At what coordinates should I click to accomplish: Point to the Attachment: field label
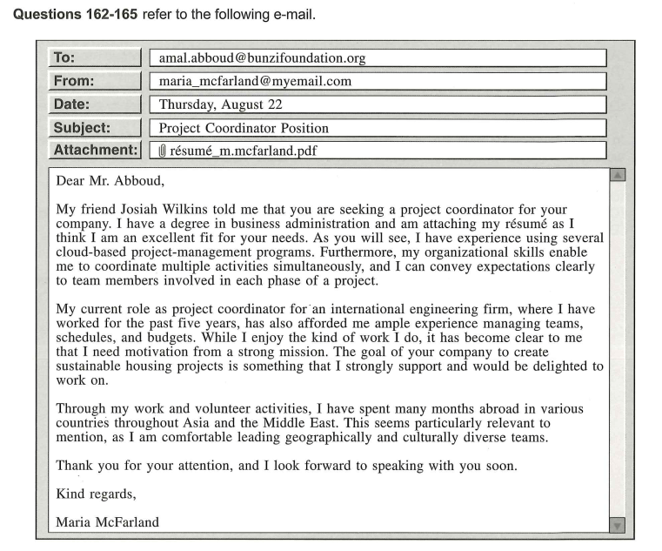coord(94,150)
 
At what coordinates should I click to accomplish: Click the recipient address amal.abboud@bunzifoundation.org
coord(262,58)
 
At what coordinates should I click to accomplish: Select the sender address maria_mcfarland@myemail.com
coord(255,81)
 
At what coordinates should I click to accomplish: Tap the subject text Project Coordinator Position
coord(244,128)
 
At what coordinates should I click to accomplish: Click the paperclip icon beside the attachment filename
coord(162,151)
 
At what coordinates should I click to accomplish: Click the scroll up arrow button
coord(618,175)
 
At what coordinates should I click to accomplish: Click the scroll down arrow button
coord(618,525)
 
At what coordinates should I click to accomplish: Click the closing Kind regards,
coord(96,494)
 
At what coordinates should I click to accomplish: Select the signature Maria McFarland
coord(107,522)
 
